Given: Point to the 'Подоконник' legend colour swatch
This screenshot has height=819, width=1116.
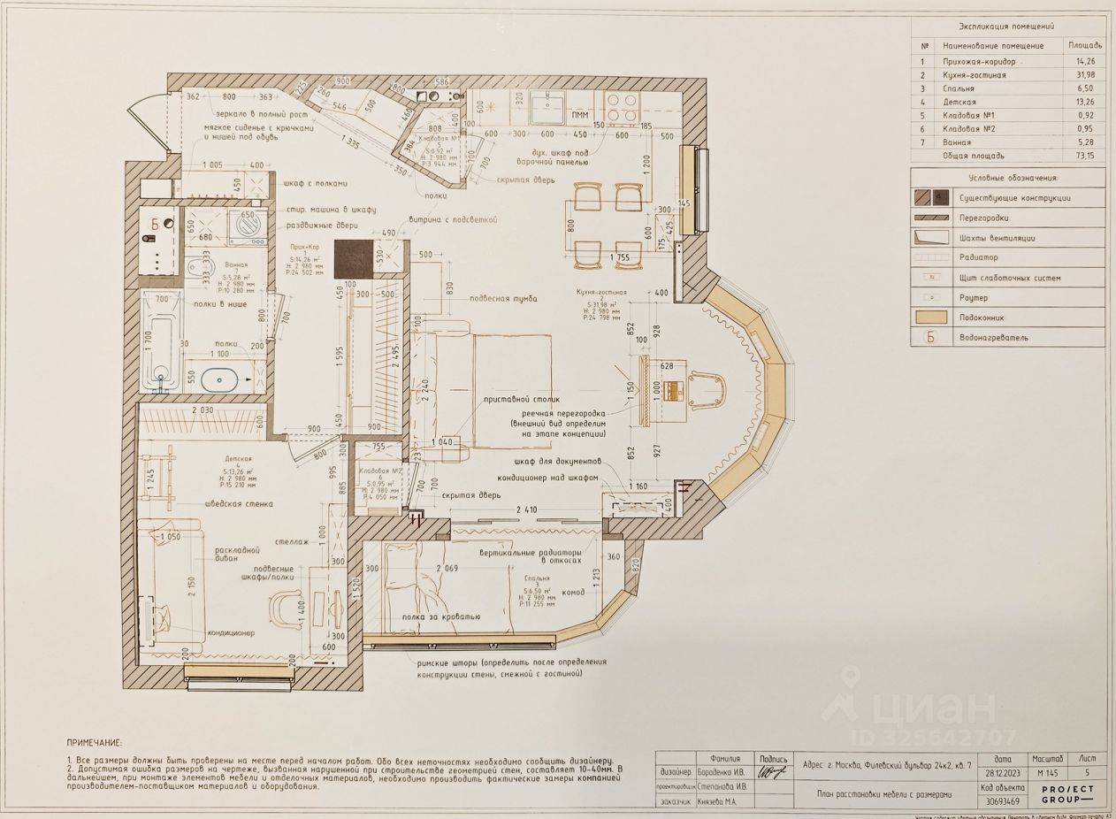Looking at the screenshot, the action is click(x=933, y=317).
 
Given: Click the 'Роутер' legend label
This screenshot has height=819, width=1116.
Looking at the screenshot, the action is click(x=973, y=298).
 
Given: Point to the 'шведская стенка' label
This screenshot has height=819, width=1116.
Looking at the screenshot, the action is click(x=240, y=503).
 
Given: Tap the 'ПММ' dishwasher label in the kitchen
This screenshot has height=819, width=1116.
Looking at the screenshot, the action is click(x=579, y=116).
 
